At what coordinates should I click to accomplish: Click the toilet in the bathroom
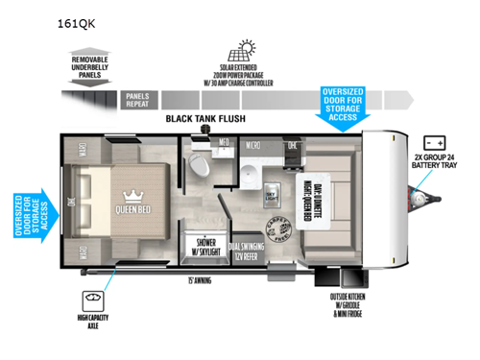(x=200, y=164)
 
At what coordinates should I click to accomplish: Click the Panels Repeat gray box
(x=136, y=98)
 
